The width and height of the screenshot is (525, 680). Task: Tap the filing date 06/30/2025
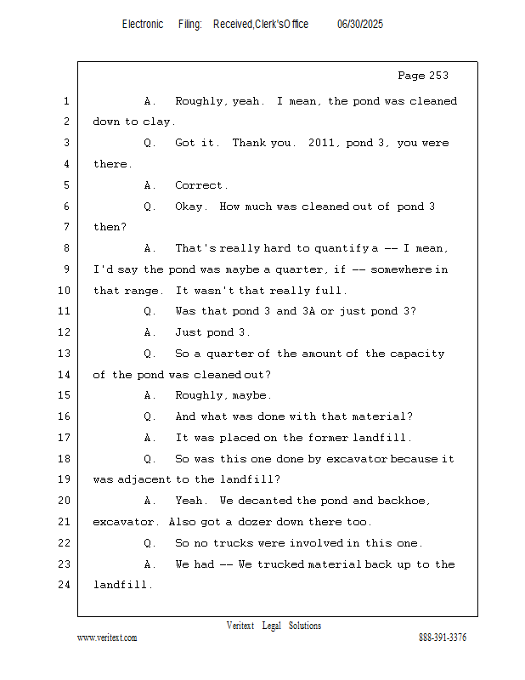coord(360,25)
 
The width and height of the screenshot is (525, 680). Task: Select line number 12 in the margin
coord(65,332)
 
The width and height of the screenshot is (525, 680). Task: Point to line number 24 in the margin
coord(65,585)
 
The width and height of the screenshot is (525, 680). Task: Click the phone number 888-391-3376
coord(443,637)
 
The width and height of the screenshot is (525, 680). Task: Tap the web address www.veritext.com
coord(107,637)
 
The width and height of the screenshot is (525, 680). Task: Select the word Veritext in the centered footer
coord(240,626)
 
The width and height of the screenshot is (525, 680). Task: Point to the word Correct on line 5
coord(200,185)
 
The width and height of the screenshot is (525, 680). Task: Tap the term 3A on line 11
coord(308,311)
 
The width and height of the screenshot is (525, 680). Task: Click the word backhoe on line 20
coord(407,501)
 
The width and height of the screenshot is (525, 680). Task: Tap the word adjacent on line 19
coord(144,479)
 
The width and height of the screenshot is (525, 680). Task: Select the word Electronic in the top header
coord(143,25)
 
